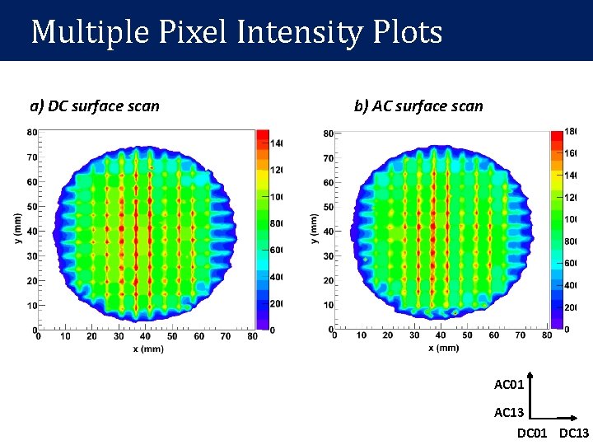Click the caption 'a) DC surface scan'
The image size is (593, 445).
[95, 105]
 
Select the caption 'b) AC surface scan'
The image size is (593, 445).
[418, 105]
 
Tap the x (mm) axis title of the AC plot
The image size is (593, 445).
[443, 348]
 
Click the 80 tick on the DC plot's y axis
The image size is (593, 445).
[30, 132]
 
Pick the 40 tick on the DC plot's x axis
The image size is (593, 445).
[145, 336]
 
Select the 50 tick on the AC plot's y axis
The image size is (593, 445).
[327, 207]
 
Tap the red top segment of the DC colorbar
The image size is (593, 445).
[262, 136]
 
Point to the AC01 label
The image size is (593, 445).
[509, 384]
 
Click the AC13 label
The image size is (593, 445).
[509, 412]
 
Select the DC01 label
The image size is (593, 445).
[532, 433]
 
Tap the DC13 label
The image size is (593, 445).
[574, 433]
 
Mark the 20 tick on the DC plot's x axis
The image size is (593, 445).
[91, 336]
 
